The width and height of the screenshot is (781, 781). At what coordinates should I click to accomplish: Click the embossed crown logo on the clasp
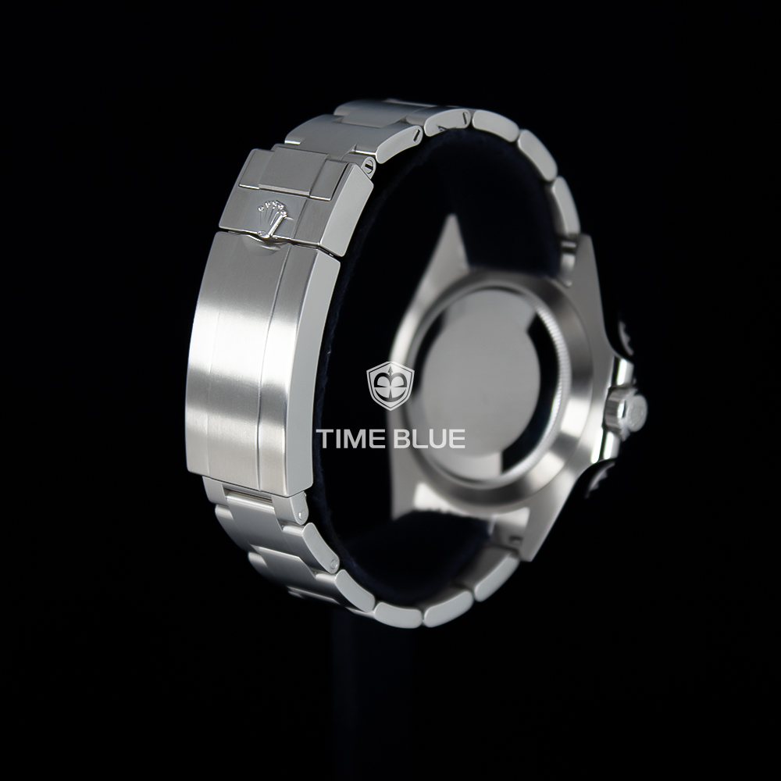pyautogui.click(x=273, y=217)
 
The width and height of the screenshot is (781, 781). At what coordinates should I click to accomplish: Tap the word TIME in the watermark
pyautogui.click(x=353, y=438)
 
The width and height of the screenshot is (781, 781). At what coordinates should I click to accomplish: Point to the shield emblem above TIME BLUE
pyautogui.click(x=390, y=386)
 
